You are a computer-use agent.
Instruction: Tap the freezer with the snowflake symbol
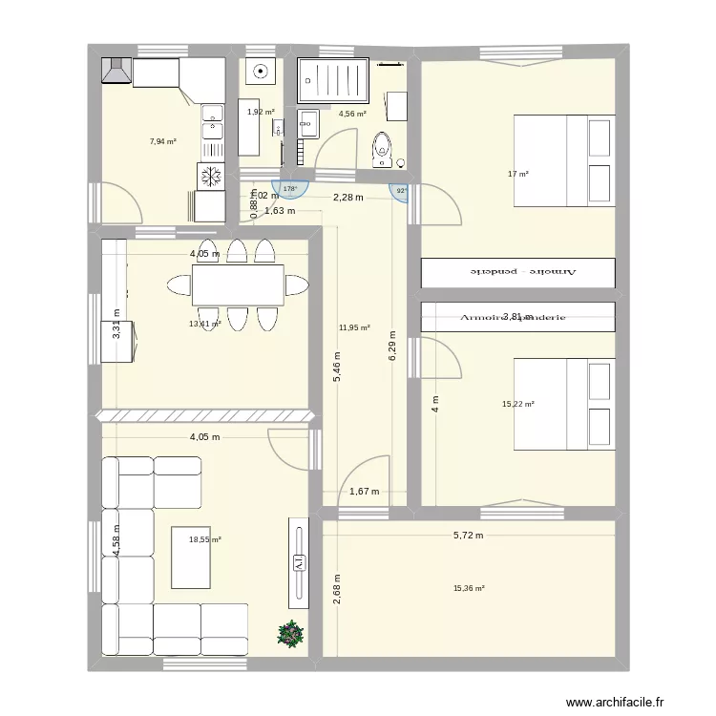click(x=209, y=176)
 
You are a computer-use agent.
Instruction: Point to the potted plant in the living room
click(x=288, y=633)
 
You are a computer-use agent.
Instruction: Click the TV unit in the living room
click(x=298, y=563)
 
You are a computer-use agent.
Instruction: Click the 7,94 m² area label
click(x=162, y=141)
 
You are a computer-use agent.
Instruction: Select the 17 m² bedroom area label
click(x=518, y=174)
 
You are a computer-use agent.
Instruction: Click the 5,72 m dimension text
click(x=469, y=537)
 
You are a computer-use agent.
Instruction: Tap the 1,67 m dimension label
click(x=365, y=492)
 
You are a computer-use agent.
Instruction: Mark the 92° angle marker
click(x=401, y=191)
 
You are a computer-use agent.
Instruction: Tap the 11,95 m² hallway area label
click(x=354, y=327)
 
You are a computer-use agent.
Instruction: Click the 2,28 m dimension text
click(x=347, y=198)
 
